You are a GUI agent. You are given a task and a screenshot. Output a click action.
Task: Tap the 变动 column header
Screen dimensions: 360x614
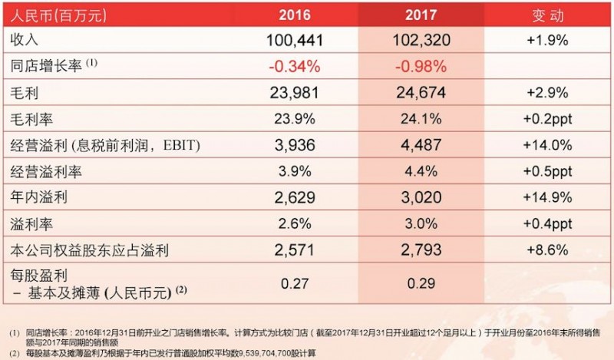[x=547, y=15]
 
